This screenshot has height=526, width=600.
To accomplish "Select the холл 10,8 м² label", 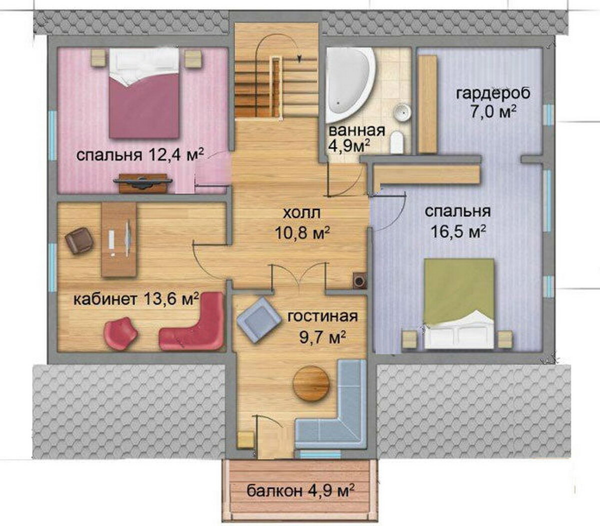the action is point(302,223).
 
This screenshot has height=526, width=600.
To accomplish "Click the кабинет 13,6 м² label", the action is point(136,299).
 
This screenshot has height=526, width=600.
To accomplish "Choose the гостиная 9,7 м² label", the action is point(323,328).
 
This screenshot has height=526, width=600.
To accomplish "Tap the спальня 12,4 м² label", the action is point(140,154).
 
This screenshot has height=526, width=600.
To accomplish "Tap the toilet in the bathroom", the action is point(397,143).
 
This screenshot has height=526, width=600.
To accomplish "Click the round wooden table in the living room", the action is point(311,383).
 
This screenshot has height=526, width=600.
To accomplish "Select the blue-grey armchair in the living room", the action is point(259,320).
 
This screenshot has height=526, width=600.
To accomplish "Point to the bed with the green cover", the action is point(459,303).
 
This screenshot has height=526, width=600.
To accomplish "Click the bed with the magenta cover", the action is point(144,93).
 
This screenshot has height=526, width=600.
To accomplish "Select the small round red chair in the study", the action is point(121,333).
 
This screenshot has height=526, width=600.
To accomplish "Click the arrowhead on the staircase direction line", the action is point(300,58).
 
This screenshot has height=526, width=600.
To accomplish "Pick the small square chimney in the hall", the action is point(360,280).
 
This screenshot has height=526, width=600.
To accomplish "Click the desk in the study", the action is point(119,240).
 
